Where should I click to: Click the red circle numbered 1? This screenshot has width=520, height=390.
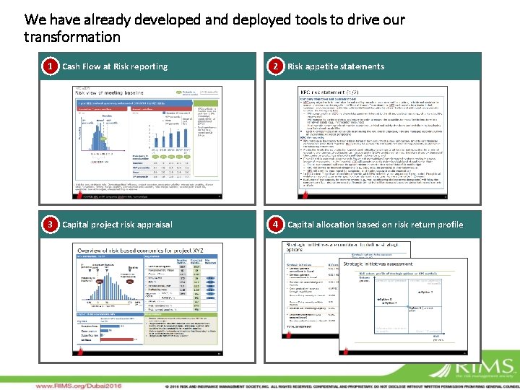pyautogui.click(x=49, y=66)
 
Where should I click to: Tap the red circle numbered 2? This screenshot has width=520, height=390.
pyautogui.click(x=274, y=66)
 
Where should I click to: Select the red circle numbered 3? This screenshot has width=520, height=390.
pyautogui.click(x=49, y=225)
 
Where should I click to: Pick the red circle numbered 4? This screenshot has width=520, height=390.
pyautogui.click(x=274, y=225)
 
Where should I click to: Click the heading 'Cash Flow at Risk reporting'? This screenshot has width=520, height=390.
pyautogui.click(x=115, y=66)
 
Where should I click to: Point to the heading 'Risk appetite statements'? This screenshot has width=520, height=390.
pyautogui.click(x=336, y=66)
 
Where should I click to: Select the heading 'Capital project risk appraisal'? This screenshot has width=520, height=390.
pyautogui.click(x=117, y=225)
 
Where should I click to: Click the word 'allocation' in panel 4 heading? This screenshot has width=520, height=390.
pyautogui.click(x=340, y=225)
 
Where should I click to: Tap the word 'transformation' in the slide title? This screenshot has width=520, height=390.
pyautogui.click(x=72, y=37)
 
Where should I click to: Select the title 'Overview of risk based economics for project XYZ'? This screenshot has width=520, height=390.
pyautogui.click(x=139, y=249)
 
